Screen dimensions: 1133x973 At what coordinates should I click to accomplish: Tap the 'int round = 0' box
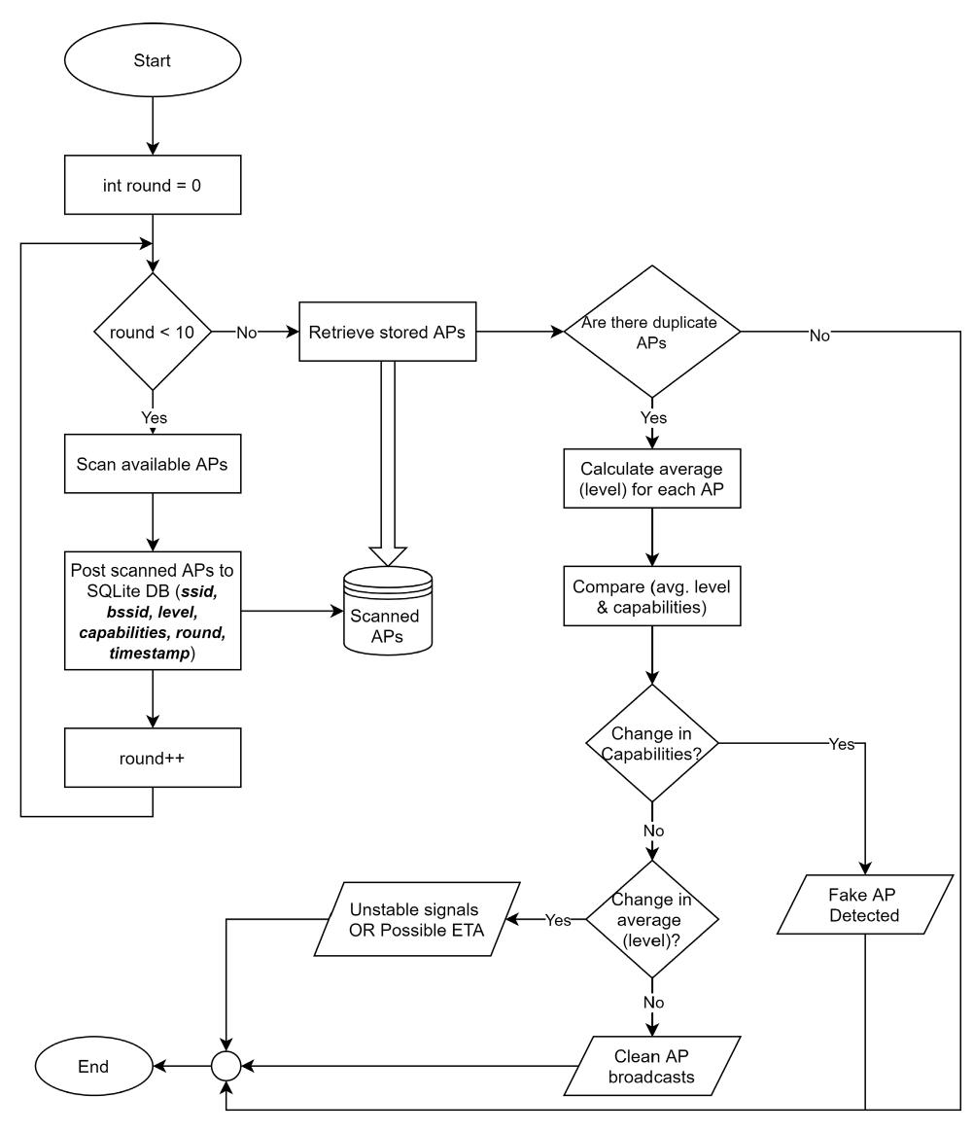click(153, 188)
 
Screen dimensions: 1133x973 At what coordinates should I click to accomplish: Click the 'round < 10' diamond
click(153, 333)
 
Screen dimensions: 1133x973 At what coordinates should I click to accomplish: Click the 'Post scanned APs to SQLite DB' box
click(153, 612)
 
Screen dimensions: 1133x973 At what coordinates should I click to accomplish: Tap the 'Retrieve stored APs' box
click(385, 333)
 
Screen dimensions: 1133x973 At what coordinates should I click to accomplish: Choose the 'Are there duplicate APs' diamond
click(652, 333)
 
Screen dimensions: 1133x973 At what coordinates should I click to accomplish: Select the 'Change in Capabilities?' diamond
click(652, 746)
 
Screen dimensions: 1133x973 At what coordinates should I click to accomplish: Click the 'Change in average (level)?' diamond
click(652, 919)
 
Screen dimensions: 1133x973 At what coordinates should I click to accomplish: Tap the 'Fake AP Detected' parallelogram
click(864, 904)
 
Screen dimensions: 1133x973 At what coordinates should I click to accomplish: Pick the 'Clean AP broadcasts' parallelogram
click(652, 1067)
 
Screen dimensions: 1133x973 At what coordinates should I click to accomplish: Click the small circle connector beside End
click(226, 1067)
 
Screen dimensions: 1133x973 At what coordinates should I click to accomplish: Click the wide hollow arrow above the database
click(385, 467)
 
